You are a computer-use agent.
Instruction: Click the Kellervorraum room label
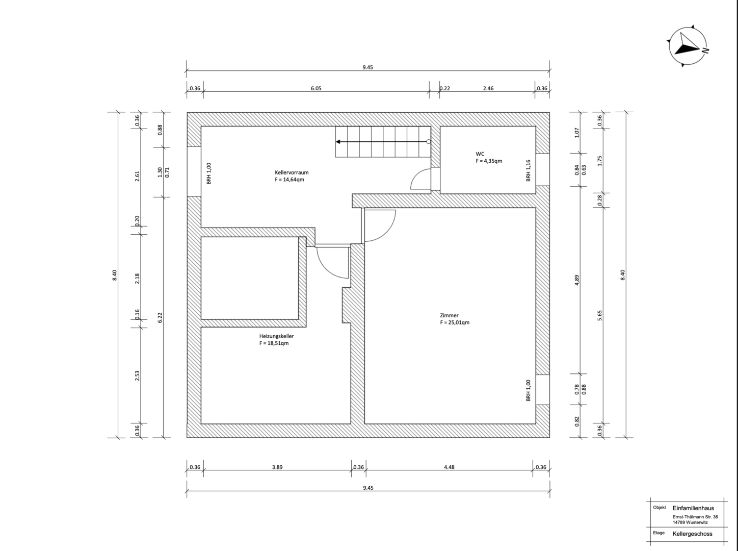[292, 172]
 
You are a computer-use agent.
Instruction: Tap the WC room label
[480, 154]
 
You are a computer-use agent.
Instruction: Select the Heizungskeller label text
[276, 336]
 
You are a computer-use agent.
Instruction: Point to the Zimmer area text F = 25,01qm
[455, 322]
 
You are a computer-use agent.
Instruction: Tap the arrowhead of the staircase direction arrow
[338, 142]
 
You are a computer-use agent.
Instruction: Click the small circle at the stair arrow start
[428, 142]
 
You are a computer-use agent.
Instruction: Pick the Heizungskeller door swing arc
[325, 269]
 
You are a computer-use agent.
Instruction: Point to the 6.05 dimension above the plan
[316, 88]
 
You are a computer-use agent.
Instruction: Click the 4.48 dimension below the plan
[449, 467]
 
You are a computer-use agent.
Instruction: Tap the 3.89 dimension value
[277, 467]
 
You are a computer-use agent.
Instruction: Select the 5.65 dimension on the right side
[600, 315]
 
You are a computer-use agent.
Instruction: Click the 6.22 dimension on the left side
[160, 318]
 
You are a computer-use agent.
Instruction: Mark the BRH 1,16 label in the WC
[528, 170]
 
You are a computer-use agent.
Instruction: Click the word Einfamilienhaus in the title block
[693, 508]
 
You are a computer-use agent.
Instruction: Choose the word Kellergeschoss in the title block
[692, 534]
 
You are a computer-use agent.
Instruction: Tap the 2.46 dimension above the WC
[488, 88]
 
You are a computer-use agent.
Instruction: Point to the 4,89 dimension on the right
[577, 281]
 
